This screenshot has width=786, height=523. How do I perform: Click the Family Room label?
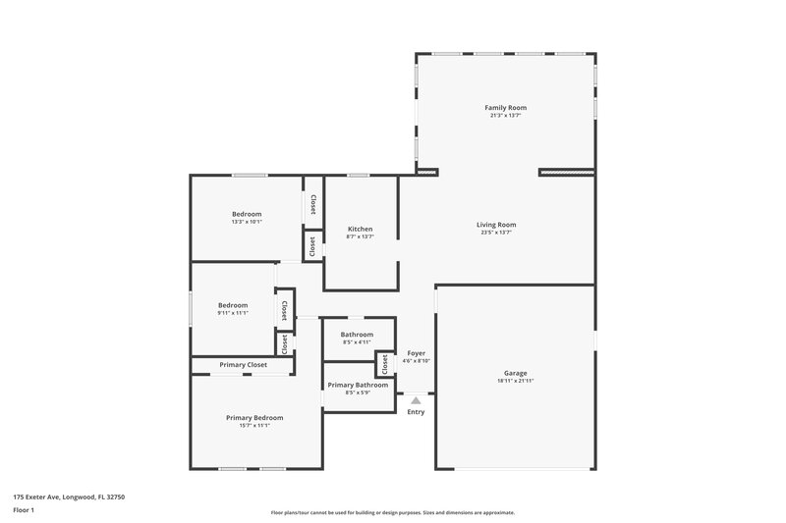click(x=506, y=107)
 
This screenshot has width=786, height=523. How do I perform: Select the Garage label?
click(x=516, y=373)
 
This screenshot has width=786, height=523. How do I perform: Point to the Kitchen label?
click(x=359, y=229)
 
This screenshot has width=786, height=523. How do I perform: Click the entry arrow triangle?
click(x=416, y=400)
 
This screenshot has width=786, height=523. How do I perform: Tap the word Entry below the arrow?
click(x=416, y=411)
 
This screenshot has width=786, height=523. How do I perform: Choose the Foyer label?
click(x=416, y=352)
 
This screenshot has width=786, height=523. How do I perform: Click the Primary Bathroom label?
click(x=358, y=385)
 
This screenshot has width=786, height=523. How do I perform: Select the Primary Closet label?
click(x=243, y=365)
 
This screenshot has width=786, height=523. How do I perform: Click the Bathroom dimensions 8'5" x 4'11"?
click(x=358, y=342)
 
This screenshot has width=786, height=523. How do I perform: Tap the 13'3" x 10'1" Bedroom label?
click(x=247, y=222)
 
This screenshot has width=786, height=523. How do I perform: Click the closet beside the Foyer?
click(x=385, y=364)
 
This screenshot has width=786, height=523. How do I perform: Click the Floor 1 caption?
click(x=25, y=511)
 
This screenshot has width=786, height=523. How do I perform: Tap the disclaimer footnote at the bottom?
click(x=393, y=512)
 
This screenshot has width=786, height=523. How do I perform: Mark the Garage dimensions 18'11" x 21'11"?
click(x=516, y=381)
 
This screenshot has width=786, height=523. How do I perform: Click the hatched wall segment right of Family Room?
click(x=567, y=173)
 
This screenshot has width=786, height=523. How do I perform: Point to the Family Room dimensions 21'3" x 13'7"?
click(x=506, y=115)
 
